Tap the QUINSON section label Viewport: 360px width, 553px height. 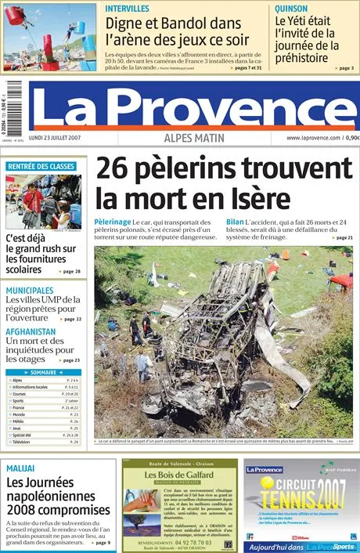coord(291,8)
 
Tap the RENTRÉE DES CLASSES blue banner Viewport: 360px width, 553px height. coord(41,166)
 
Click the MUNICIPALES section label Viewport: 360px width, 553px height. coord(30,291)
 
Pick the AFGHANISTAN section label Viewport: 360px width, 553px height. coord(31,331)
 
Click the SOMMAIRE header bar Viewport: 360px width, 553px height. coord(43,372)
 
